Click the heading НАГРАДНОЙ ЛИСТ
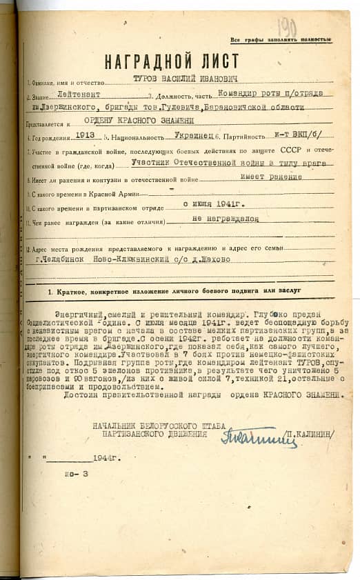tap(172, 61)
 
